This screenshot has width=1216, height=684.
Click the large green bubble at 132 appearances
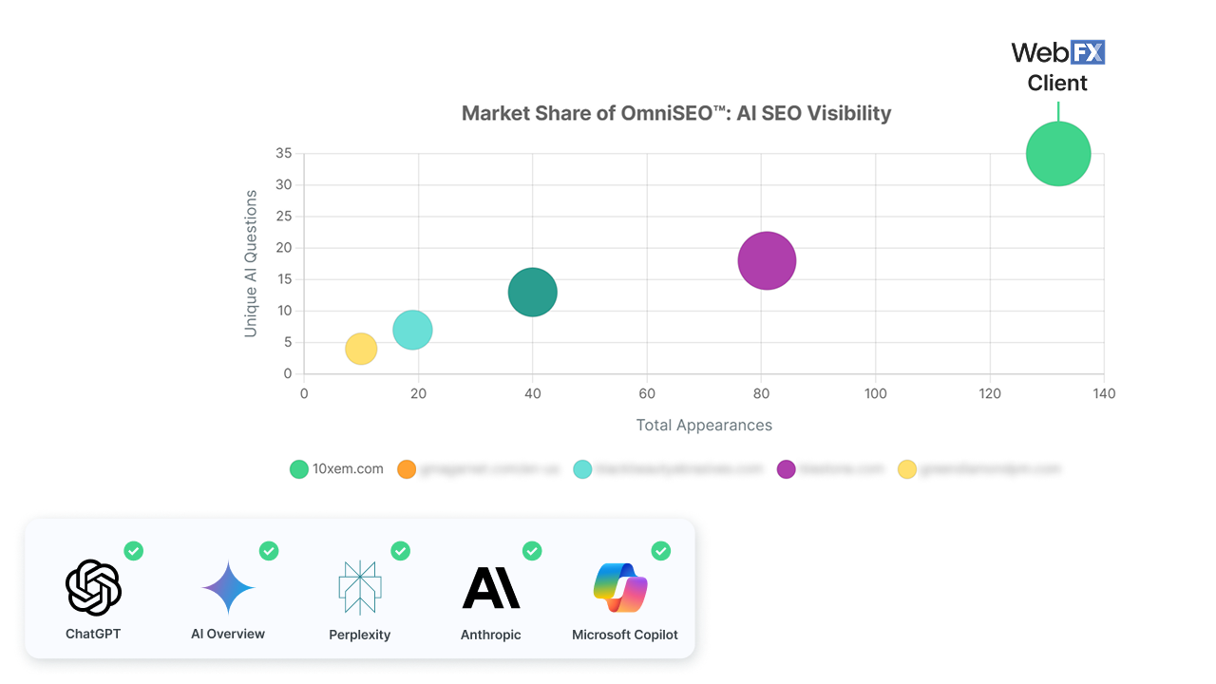coord(1057,154)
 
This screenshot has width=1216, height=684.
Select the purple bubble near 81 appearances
coord(767,260)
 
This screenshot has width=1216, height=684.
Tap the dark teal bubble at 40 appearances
coord(532,293)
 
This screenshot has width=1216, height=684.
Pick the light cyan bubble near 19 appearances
coord(412,330)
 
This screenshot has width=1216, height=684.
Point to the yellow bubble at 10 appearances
coord(361,349)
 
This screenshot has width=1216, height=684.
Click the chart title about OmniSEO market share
coord(675,114)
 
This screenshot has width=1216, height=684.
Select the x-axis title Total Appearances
coord(704,425)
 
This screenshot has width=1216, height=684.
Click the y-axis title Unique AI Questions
coord(251,263)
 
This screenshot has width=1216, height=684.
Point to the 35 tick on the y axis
coord(283,153)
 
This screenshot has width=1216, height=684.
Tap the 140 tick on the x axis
coord(1103,393)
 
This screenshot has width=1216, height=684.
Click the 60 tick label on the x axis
coord(647,393)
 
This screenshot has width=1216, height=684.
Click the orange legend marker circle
coord(407,469)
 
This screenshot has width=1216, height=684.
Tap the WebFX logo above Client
coord(1057,52)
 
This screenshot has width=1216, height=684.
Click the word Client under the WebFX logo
coord(1057,84)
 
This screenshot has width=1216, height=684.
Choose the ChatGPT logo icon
coord(93,588)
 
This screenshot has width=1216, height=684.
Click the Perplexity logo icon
coord(359,588)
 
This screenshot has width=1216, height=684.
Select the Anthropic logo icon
coord(490,588)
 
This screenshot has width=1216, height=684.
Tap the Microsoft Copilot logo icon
coord(620,588)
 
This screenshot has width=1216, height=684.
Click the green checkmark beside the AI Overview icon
coord(269,551)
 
